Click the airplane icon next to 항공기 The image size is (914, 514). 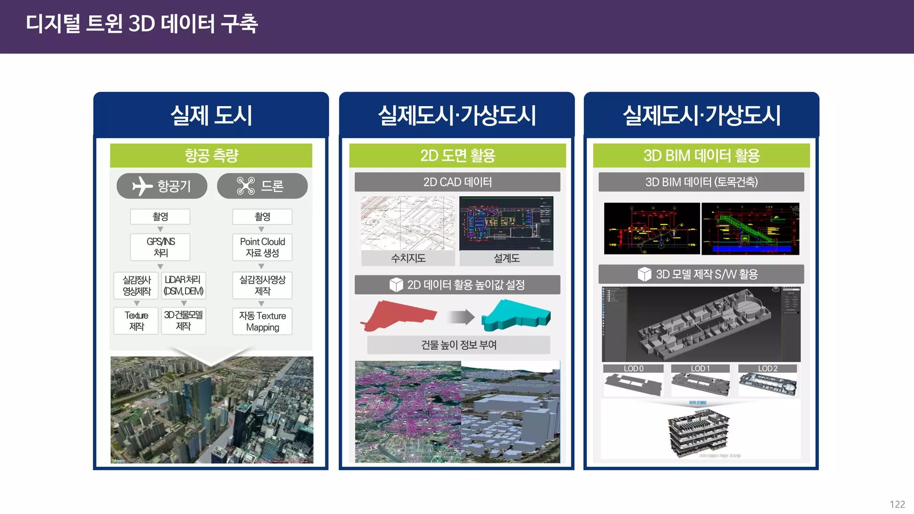[x=142, y=186]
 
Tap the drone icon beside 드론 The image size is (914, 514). [x=245, y=186]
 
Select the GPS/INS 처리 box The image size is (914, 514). [x=160, y=247]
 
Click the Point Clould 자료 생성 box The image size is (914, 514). [x=262, y=247]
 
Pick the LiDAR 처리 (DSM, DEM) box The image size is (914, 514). [x=183, y=286]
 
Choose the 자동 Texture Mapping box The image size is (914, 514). [x=262, y=321]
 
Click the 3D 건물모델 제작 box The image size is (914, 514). [x=183, y=321]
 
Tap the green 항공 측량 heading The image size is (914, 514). [x=211, y=156]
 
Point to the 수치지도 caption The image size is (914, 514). [x=408, y=258]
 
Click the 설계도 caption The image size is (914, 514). [x=507, y=258]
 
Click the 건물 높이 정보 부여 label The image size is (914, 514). [x=459, y=345]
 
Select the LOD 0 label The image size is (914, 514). [x=633, y=369]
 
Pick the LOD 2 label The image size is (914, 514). [x=768, y=369]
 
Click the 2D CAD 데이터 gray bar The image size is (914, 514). [x=457, y=182]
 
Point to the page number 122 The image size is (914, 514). [x=897, y=504]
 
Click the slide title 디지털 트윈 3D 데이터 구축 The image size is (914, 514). [x=142, y=24]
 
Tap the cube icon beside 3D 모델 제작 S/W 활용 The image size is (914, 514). [x=644, y=274]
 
